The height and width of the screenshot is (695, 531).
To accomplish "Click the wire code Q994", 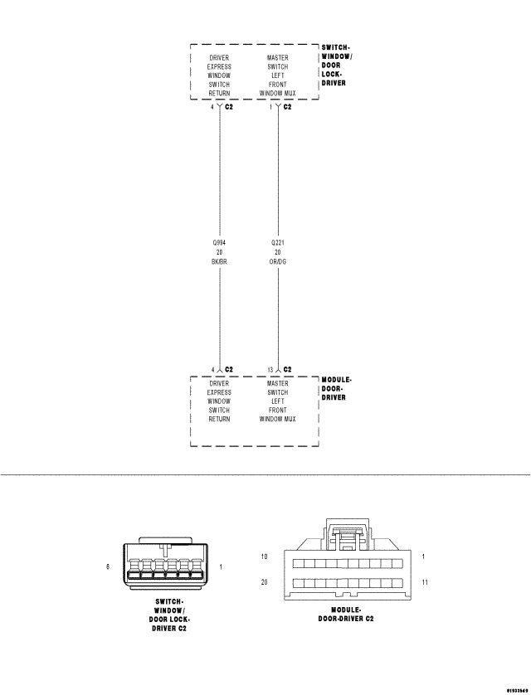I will click(219, 243).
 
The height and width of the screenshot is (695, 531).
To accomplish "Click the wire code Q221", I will click(278, 243).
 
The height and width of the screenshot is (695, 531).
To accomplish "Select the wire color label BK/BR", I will click(219, 261).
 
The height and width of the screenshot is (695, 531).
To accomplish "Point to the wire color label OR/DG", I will click(278, 261).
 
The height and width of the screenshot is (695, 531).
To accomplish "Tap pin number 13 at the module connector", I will click(270, 369).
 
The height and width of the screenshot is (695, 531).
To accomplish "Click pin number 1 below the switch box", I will click(272, 107).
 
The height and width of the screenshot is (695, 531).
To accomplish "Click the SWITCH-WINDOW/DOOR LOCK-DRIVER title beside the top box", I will click(335, 66).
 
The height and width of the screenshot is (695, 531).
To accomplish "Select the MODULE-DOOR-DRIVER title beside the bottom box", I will click(336, 388).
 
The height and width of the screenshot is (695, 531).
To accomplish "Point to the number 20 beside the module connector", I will click(264, 583).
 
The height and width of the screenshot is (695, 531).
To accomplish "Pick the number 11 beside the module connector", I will click(424, 583).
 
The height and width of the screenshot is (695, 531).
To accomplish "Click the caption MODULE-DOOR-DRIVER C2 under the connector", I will click(347, 615).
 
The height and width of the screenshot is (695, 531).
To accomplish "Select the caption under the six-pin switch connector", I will click(169, 615).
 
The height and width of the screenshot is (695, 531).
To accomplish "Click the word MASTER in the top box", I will click(278, 58).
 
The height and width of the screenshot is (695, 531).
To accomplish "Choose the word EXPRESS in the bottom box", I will click(219, 392).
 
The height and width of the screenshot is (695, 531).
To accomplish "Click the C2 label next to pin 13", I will click(287, 369).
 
